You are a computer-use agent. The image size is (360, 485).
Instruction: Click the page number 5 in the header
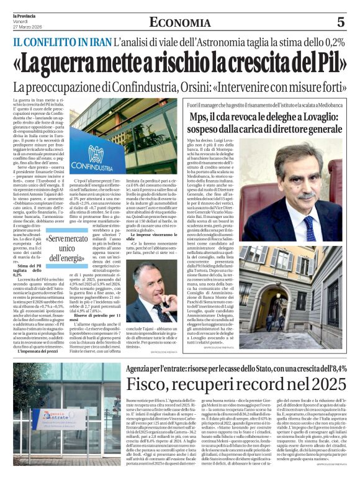(340, 22)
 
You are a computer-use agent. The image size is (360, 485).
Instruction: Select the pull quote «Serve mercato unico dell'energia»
(65, 248)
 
